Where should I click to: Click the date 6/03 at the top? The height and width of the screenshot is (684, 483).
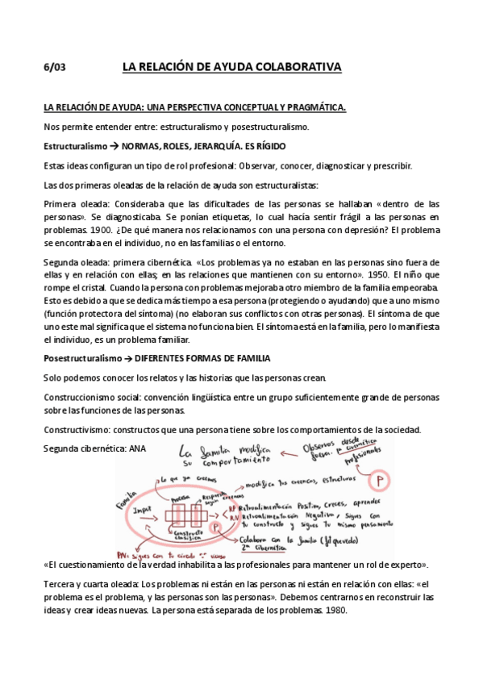[x=53, y=67]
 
